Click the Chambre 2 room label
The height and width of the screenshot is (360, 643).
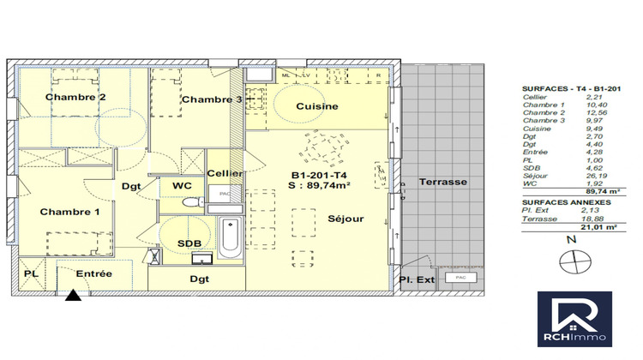pos(75,98)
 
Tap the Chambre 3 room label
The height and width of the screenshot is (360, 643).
pos(211,99)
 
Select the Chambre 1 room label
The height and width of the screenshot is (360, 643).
pos(70,212)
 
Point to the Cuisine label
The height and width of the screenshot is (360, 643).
pos(316,106)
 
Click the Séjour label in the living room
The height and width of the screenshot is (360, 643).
pos(346,219)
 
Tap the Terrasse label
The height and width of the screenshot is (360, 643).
pos(442,183)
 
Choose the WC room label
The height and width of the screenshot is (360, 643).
pos(181,185)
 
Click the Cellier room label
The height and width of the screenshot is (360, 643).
pos(225,173)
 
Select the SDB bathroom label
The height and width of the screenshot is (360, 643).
pos(189,244)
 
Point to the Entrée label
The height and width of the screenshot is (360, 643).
pos(93,273)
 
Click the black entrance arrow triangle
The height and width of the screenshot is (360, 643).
pos(75,297)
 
